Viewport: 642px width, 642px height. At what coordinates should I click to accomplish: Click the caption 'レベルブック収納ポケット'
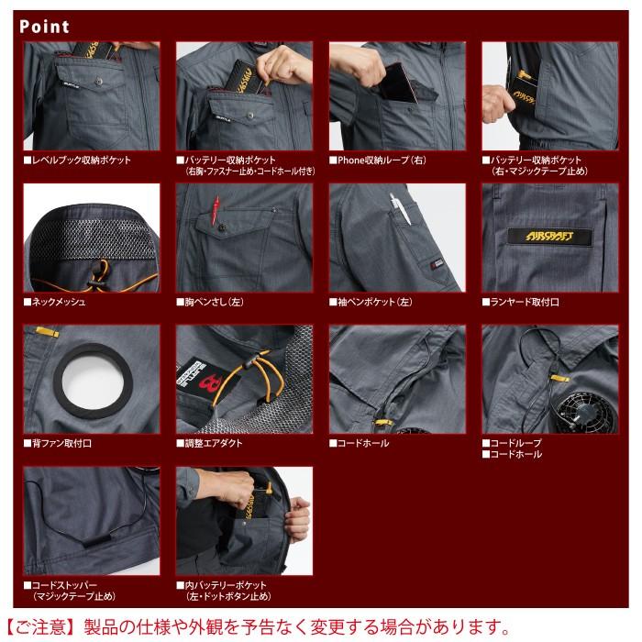point(82,160)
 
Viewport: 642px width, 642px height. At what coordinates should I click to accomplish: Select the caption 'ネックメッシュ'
point(60,301)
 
